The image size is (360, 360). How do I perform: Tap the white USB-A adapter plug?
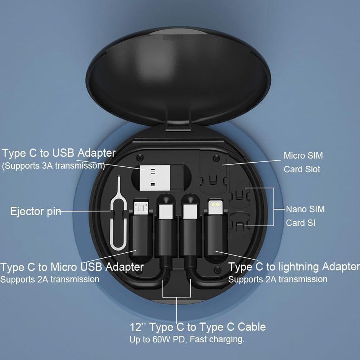click(155, 177)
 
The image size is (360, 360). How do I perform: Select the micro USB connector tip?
click(141, 208)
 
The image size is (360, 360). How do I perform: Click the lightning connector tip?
click(215, 207)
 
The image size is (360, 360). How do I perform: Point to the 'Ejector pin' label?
click(36, 211)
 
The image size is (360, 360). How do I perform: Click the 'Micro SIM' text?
click(303, 156)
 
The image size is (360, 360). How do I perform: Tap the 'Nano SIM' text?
click(305, 209)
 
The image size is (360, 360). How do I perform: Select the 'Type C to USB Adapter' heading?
click(59, 153)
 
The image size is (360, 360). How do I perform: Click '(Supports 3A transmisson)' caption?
click(53, 166)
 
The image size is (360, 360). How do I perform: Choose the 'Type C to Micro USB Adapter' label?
click(72, 267)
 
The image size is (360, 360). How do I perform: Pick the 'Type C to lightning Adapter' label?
click(294, 267)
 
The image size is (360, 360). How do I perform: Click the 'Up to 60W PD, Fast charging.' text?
click(187, 339)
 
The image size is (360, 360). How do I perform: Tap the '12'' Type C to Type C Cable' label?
click(198, 327)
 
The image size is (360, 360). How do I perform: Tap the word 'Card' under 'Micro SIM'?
click(292, 169)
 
